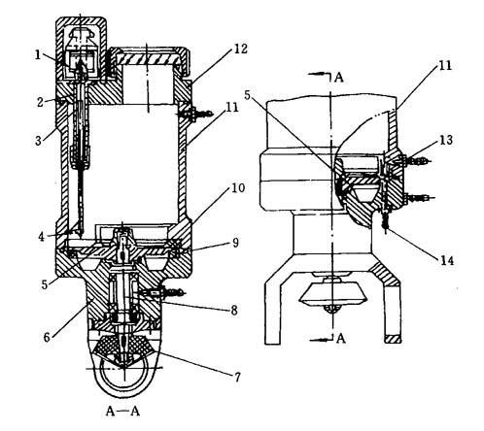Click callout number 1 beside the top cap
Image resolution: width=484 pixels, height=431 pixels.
(x=38, y=55)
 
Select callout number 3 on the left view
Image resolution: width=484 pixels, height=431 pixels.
(x=39, y=141)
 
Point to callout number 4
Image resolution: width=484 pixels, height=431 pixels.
(x=41, y=237)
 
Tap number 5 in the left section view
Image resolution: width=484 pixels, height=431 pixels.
(x=45, y=283)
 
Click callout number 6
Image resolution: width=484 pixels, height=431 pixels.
(x=48, y=337)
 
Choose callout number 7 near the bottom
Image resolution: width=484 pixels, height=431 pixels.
(x=238, y=377)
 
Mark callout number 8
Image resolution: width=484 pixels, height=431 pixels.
(x=234, y=311)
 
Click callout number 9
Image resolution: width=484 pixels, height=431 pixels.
(x=235, y=243)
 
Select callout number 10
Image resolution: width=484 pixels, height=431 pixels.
(x=238, y=187)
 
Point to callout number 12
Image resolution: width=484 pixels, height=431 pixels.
(x=241, y=49)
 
